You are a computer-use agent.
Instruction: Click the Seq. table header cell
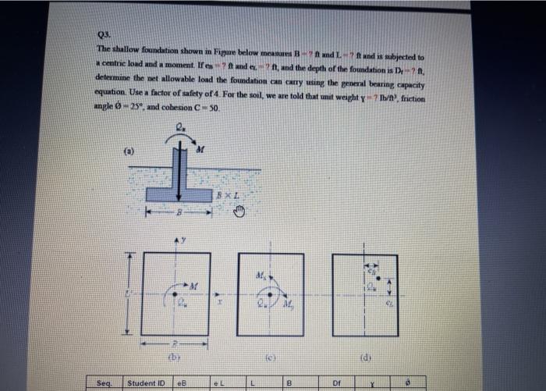click(x=105, y=383)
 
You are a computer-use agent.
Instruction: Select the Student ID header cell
click(x=146, y=383)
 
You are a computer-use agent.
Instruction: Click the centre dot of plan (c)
click(x=270, y=295)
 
